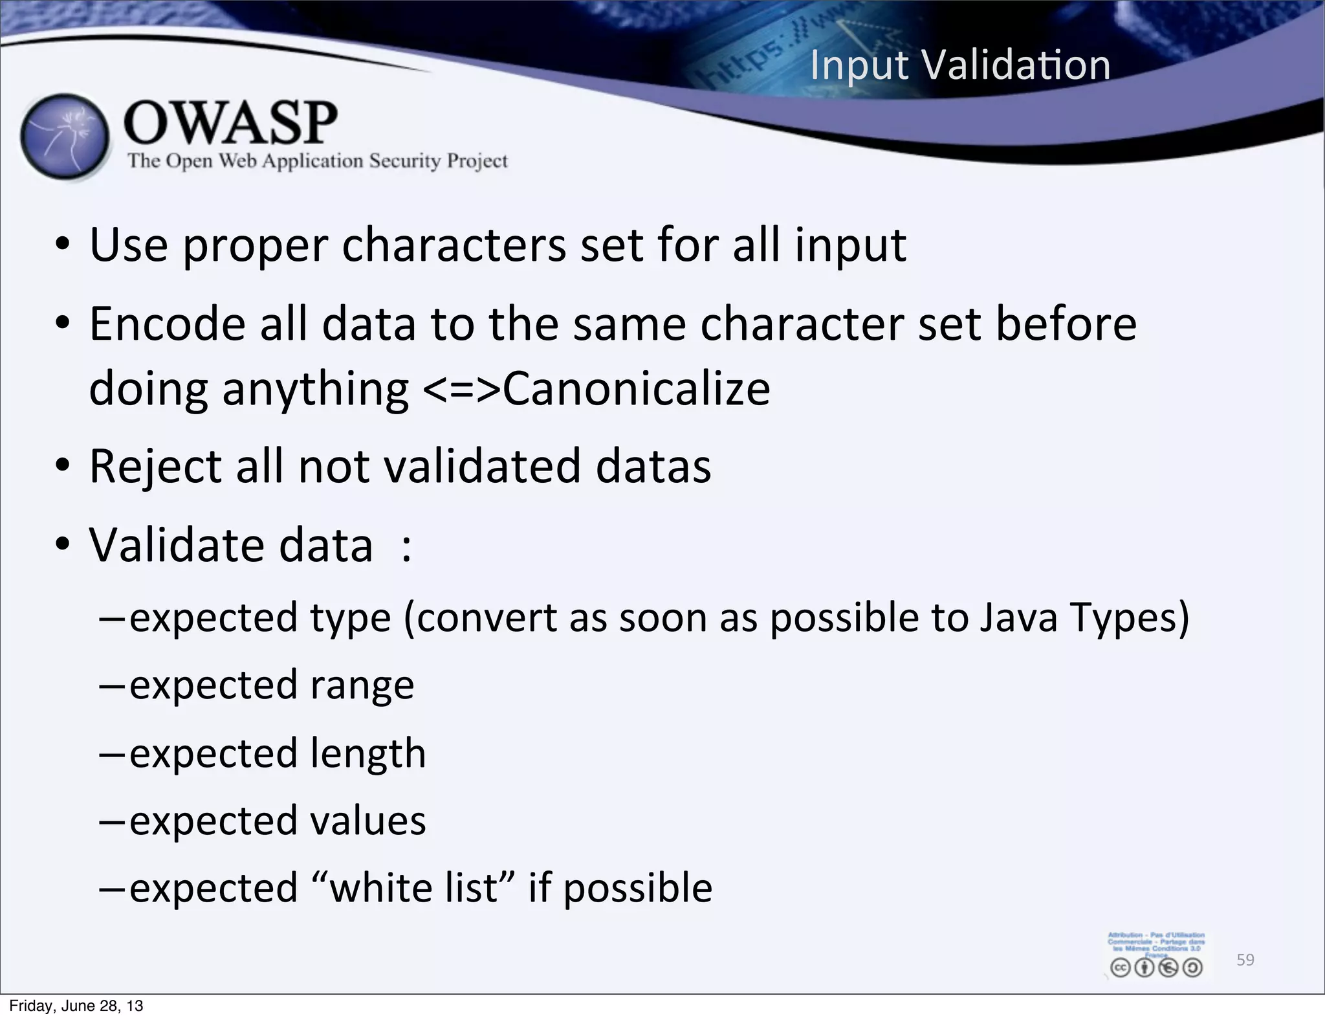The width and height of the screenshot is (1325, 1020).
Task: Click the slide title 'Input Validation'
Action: [960, 65]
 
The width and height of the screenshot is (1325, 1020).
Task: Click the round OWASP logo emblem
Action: [64, 137]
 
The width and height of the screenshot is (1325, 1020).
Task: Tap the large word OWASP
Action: [230, 122]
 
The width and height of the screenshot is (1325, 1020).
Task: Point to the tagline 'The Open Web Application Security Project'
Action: [318, 161]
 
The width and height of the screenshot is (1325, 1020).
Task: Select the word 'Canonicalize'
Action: [636, 388]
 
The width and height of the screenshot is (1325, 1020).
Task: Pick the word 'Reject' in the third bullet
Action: [155, 467]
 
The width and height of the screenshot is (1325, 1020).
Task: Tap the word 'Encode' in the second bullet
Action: [167, 324]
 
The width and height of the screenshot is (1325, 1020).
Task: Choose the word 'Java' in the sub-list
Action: [1018, 617]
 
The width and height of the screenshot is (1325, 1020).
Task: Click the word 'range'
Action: [362, 686]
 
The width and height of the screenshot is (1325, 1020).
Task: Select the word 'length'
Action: [367, 753]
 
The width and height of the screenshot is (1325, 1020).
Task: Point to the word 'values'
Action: [367, 821]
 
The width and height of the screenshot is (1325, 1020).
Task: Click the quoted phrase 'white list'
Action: [414, 887]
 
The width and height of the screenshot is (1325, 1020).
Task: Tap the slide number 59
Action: [1245, 960]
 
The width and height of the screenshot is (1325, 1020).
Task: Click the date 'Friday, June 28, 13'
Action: [76, 1006]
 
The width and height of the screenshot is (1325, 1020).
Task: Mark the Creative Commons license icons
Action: [1156, 968]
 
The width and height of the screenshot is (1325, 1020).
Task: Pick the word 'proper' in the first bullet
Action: [255, 247]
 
